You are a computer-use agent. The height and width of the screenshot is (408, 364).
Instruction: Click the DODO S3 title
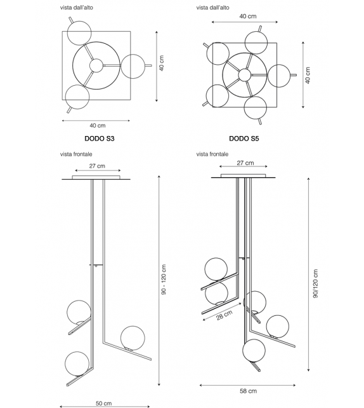click(99, 137)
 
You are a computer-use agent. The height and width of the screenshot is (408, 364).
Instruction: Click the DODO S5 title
click(244, 137)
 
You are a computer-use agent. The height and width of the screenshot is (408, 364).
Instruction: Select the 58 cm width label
click(249, 391)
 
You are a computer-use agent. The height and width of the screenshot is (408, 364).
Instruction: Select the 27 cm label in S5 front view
click(245, 163)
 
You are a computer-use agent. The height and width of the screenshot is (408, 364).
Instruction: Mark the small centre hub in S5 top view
click(244, 74)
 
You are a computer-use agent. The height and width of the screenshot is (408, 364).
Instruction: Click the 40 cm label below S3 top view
click(97, 125)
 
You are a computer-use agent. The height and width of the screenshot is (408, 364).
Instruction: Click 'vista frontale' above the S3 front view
click(77, 154)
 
